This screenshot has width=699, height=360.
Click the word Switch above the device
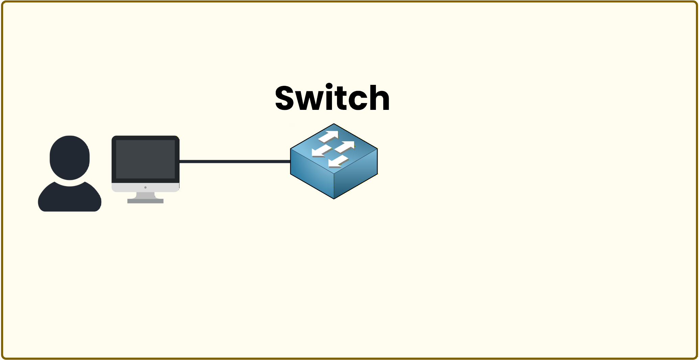333,98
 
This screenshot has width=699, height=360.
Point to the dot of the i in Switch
330,86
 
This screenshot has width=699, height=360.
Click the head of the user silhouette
70,157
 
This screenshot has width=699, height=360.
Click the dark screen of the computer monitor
145,159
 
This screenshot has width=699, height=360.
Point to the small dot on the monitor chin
145,187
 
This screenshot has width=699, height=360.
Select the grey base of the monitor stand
145,201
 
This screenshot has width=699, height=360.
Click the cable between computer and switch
235,162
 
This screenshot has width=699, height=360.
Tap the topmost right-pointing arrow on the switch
329,136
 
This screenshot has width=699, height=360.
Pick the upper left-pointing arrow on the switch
321,151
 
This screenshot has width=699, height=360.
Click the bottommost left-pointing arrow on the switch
338,162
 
